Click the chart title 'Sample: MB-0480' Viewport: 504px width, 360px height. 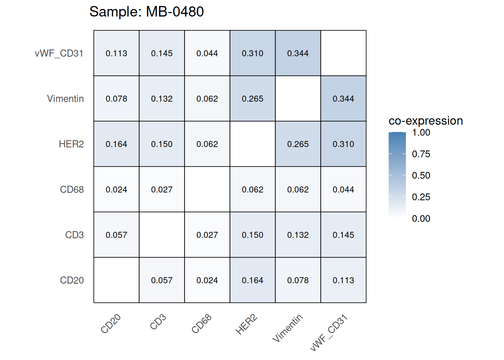point(146,12)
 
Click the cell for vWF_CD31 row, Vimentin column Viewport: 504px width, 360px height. point(298,53)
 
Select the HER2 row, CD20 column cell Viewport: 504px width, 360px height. point(116,144)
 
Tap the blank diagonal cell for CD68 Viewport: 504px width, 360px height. point(207,189)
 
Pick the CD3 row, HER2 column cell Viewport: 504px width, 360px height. point(252,235)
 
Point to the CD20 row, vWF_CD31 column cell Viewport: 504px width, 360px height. point(343,280)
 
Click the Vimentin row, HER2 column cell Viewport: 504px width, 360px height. point(252,99)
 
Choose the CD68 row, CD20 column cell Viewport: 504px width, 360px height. point(116,189)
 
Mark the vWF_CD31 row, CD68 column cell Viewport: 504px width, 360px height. point(207,53)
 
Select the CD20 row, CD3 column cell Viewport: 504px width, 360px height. point(162,280)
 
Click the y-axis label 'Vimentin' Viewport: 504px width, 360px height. point(65,99)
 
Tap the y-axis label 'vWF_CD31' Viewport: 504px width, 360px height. point(59,53)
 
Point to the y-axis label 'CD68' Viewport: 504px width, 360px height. point(72,189)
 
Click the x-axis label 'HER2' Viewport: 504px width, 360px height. point(246,324)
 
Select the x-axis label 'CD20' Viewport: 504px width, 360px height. point(111,324)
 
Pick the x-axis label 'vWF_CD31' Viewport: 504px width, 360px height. point(329,333)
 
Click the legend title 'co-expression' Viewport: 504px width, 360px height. point(426,121)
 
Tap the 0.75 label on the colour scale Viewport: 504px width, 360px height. point(421,154)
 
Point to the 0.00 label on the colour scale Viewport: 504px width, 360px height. point(421,219)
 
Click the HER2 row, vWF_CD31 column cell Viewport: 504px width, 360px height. point(343,144)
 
